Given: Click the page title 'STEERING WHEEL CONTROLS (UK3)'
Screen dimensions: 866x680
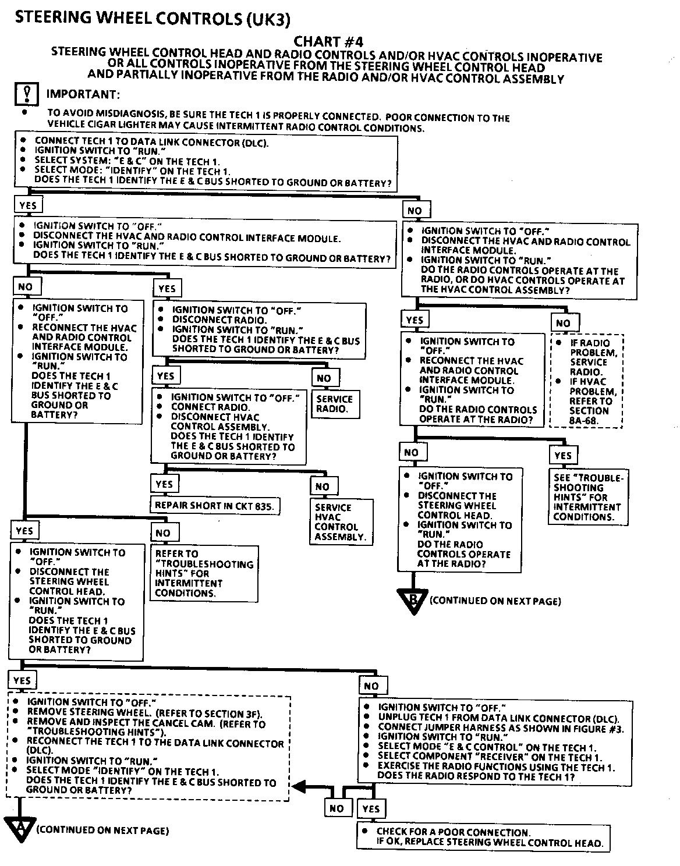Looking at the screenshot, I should point(152,18).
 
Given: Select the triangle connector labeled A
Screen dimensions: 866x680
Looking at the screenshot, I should point(20,828).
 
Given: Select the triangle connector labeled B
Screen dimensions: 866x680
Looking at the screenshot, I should point(413,599).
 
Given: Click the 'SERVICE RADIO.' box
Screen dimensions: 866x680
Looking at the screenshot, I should point(335,403).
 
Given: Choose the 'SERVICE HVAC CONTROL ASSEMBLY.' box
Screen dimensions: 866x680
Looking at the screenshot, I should point(341,521).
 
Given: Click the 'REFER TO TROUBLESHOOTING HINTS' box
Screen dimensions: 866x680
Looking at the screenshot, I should point(204,573).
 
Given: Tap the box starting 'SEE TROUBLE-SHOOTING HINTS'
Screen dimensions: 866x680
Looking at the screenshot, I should point(589,496).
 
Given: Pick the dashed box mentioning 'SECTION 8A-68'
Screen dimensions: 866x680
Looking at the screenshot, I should point(587,381).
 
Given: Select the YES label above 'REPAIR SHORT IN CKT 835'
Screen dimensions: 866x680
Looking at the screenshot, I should point(165,484).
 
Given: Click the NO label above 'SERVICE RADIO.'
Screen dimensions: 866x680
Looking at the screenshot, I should point(324,378).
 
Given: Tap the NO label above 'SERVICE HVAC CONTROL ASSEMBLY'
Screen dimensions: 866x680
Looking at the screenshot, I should point(322,487).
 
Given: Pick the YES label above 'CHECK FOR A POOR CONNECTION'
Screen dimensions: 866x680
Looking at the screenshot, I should point(370,808).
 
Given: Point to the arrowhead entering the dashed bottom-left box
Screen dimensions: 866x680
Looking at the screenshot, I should point(298,787).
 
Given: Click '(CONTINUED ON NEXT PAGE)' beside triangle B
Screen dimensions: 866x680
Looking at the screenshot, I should point(495,601).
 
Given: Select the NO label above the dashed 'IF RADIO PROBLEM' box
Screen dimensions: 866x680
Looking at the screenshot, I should point(563,323).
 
